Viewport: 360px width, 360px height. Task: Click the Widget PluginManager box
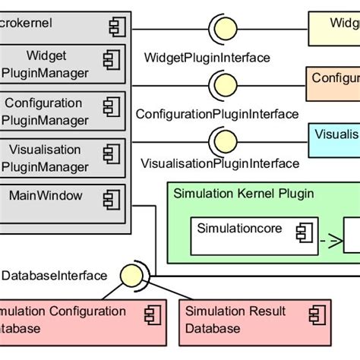coord(62,65)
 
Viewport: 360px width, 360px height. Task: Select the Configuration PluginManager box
coord(62,112)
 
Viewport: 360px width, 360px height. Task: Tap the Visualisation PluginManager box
coord(62,158)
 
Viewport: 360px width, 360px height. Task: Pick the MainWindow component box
coord(62,201)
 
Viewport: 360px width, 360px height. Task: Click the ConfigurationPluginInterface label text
coord(216,114)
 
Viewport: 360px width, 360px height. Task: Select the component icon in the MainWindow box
coord(112,199)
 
